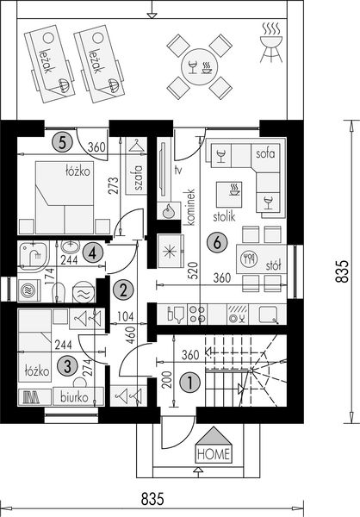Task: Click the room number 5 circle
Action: tap(62, 143)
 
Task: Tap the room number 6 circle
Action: tap(217, 243)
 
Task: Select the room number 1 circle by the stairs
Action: tap(189, 383)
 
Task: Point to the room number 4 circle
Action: tap(93, 253)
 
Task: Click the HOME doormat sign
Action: tap(214, 445)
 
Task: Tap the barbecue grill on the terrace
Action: tap(271, 42)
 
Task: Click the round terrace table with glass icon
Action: tap(200, 67)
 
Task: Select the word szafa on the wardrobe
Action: tap(139, 178)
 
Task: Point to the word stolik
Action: tap(224, 216)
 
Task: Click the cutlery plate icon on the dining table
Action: tap(249, 258)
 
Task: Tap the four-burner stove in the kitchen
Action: tap(197, 315)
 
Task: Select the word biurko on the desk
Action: tap(75, 397)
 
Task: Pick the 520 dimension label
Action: tap(194, 271)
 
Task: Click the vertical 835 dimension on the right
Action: tap(342, 271)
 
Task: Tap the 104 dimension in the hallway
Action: tap(126, 316)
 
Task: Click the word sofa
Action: tap(265, 153)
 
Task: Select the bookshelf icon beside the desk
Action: tap(32, 397)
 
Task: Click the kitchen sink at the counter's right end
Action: tap(269, 315)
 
